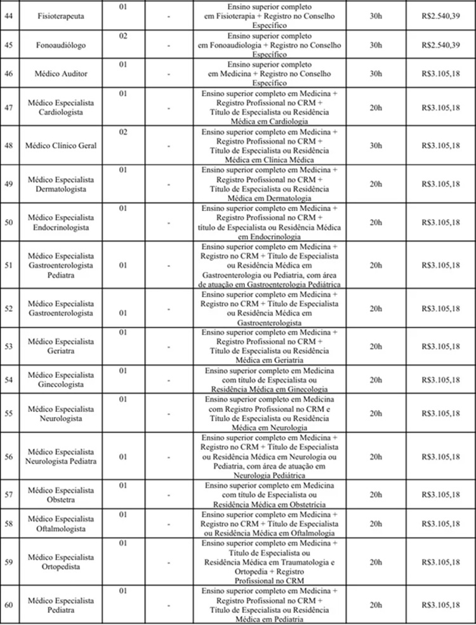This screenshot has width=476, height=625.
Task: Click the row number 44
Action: pyautogui.click(x=9, y=13)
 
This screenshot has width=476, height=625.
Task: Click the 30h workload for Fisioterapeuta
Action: pyautogui.click(x=375, y=13)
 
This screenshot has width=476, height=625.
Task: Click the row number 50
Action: pyautogui.click(x=9, y=222)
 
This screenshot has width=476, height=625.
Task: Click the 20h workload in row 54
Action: pyautogui.click(x=375, y=380)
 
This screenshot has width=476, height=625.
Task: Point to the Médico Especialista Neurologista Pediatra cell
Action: pyautogui.click(x=61, y=456)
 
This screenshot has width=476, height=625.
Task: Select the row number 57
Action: pyautogui.click(x=9, y=494)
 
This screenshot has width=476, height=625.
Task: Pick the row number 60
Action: pyautogui.click(x=9, y=605)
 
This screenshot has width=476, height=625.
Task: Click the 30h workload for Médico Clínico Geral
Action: pyautogui.click(x=375, y=146)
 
